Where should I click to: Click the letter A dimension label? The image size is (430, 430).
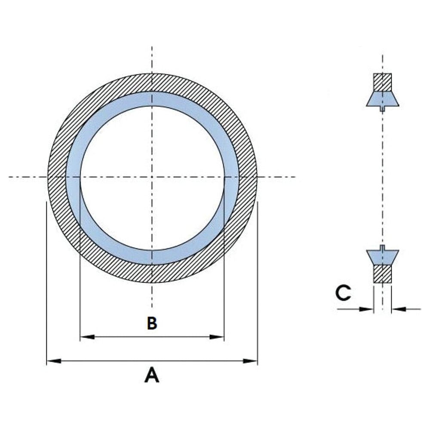(x=152, y=375)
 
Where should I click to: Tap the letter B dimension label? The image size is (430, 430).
(x=152, y=323)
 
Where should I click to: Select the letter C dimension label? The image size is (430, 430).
(x=343, y=293)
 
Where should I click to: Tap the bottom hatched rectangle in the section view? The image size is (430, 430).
(x=382, y=273)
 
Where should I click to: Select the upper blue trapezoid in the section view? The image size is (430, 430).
(x=382, y=98)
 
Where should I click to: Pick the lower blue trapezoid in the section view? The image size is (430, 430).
(x=382, y=257)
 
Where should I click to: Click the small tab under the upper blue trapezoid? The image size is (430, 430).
(x=382, y=109)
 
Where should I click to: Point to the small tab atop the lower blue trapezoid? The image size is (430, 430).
(x=382, y=247)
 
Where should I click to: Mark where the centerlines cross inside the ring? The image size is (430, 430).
(x=152, y=177)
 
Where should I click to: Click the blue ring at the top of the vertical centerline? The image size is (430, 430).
(x=152, y=98)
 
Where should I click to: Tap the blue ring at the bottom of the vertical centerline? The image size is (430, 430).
(x=152, y=257)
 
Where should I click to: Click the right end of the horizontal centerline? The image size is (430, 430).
(x=295, y=177)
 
